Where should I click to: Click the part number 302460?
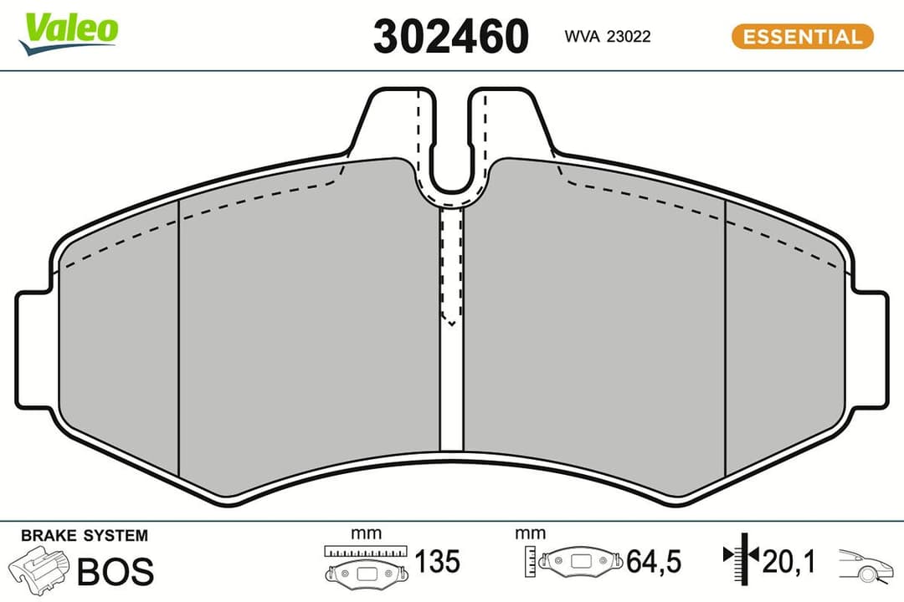click(x=451, y=36)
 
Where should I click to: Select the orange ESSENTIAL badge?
click(x=802, y=37)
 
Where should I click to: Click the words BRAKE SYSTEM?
click(x=84, y=536)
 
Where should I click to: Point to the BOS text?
click(x=116, y=572)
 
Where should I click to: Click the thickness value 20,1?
click(x=788, y=560)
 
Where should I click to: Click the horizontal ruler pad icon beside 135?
click(x=366, y=564)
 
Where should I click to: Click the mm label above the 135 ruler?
click(x=366, y=533)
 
